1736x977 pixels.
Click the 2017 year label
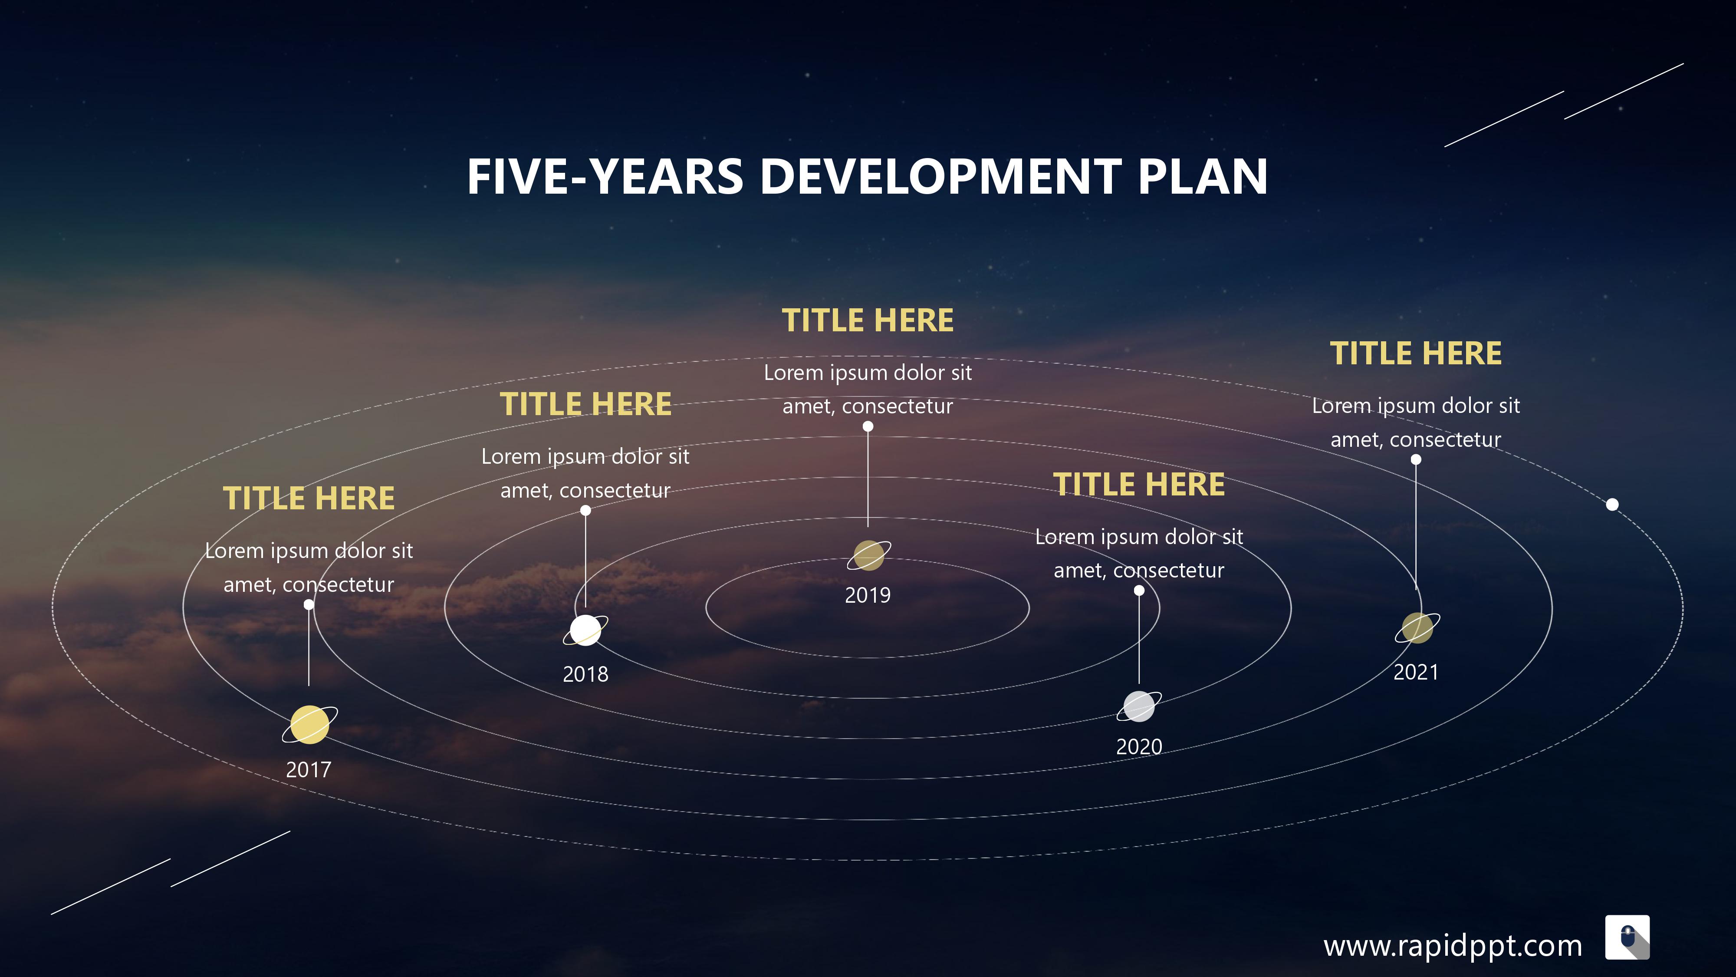[309, 769]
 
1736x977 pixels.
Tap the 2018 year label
[585, 673]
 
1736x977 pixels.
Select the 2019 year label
[868, 595]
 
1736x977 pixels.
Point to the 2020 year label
[1139, 746]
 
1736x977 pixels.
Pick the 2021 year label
[1416, 672]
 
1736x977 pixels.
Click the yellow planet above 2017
[310, 725]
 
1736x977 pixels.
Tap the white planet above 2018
[585, 630]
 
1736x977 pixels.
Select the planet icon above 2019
[869, 555]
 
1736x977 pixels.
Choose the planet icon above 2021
[1417, 628]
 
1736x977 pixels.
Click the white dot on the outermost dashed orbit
[1612, 504]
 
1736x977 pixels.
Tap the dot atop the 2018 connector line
[585, 510]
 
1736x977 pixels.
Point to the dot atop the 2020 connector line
[1139, 591]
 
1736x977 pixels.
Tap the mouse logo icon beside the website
[1627, 937]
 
